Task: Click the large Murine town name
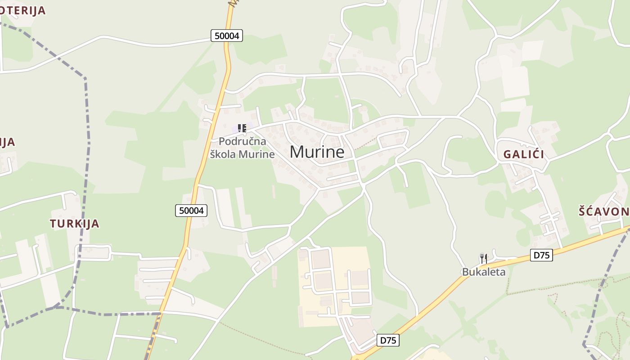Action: (x=317, y=152)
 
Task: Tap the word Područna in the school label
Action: (x=242, y=141)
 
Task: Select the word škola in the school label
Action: (x=223, y=154)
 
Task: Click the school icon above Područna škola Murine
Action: (x=242, y=128)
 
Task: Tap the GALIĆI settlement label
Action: (x=523, y=154)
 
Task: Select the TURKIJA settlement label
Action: (x=74, y=223)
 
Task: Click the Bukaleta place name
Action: (x=484, y=272)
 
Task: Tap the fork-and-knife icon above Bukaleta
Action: (x=484, y=259)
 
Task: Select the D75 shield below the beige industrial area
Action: (x=388, y=340)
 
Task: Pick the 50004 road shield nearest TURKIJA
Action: (x=191, y=210)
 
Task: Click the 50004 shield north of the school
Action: (x=227, y=36)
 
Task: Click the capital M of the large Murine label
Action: (x=297, y=152)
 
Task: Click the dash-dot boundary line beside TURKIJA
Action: (x=85, y=180)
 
